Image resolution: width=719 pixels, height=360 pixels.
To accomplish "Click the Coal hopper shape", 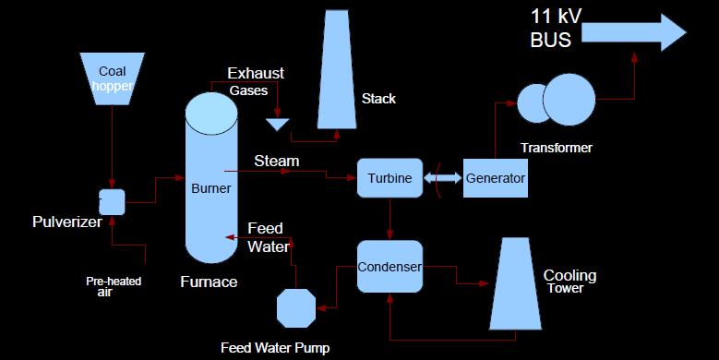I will point(112,78).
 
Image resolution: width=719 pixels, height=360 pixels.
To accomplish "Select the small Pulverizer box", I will point(112,201).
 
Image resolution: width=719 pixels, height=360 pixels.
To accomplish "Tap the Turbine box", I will point(389,178).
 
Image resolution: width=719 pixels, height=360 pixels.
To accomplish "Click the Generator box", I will point(496,178).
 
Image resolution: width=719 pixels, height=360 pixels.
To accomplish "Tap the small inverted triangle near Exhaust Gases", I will point(276,124).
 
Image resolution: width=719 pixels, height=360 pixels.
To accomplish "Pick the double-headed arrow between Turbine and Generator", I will point(443,178).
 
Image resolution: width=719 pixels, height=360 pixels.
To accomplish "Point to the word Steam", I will point(277,162).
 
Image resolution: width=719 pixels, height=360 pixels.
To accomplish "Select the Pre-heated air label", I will point(114,285).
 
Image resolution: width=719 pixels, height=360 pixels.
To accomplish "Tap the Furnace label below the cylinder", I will point(208,282).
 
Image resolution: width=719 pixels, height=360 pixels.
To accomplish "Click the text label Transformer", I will point(557,148).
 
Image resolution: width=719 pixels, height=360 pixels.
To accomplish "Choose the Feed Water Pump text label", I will point(274,348).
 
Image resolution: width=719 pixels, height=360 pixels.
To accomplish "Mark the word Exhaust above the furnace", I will point(256,74).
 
